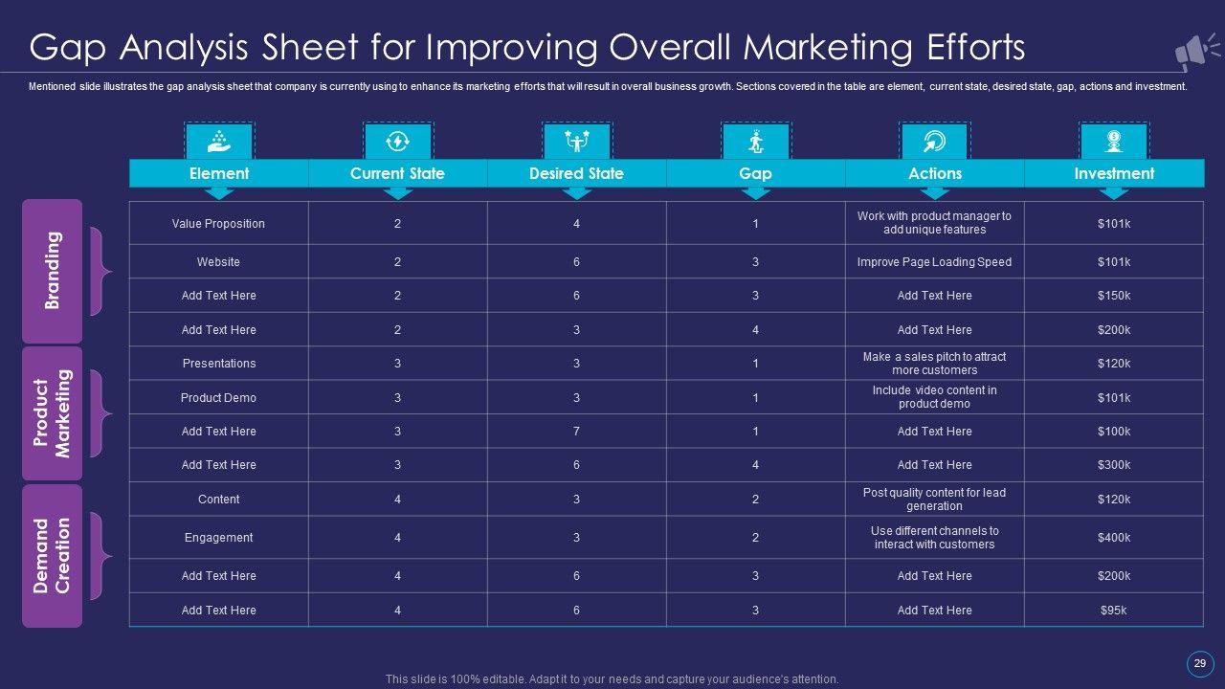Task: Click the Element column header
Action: [x=219, y=173]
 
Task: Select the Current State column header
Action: [x=397, y=173]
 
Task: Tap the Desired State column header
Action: [x=576, y=173]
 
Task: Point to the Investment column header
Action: [x=1114, y=173]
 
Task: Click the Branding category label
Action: [x=53, y=270]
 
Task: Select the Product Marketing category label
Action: [x=53, y=413]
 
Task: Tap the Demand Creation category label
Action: [x=53, y=555]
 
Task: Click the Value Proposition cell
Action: [x=218, y=223]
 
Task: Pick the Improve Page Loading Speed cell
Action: [x=934, y=261]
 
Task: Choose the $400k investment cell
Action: [x=1114, y=538]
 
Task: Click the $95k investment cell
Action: [x=1114, y=610]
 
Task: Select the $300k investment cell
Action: [x=1114, y=465]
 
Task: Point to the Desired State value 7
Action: [x=576, y=432]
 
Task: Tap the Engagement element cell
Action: [x=218, y=538]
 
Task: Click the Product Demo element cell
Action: [x=219, y=397]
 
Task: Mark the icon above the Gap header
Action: [x=756, y=142]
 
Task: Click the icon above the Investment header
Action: [x=1114, y=142]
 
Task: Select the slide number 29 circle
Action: [x=1199, y=663]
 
